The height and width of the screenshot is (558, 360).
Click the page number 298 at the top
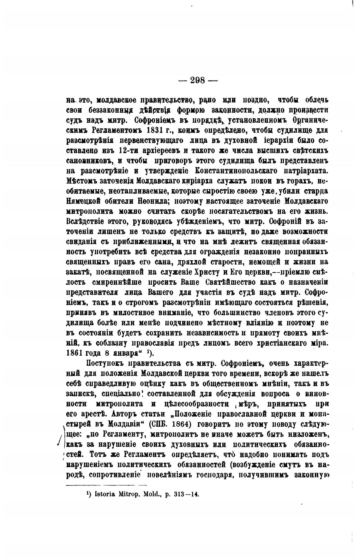(x=198, y=80)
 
